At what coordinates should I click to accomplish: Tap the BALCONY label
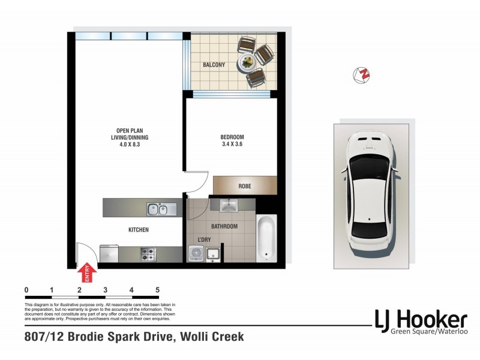pos(214,65)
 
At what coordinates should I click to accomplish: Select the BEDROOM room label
pos(232,136)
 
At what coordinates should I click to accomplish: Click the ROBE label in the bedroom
pos(244,186)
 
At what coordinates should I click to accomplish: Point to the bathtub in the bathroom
pos(265,239)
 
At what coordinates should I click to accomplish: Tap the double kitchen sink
pos(158,209)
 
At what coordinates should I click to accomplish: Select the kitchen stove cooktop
pos(148,254)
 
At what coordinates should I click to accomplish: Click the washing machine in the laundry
pos(195,254)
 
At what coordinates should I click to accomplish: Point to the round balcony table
pos(247,62)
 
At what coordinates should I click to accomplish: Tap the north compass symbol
pos(362,75)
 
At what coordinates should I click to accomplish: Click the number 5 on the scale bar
pos(157,290)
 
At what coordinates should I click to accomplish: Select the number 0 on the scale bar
pos(26,290)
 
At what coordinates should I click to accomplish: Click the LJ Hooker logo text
pos(420,319)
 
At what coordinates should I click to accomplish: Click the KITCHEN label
pos(138,230)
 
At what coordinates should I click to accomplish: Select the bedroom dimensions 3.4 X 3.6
pos(232,144)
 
